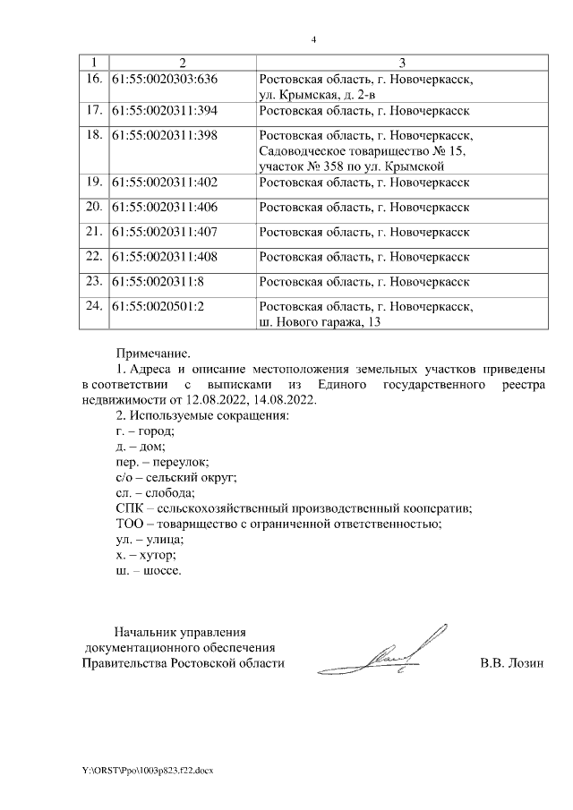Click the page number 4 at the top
(314, 40)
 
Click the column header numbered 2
(182, 62)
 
